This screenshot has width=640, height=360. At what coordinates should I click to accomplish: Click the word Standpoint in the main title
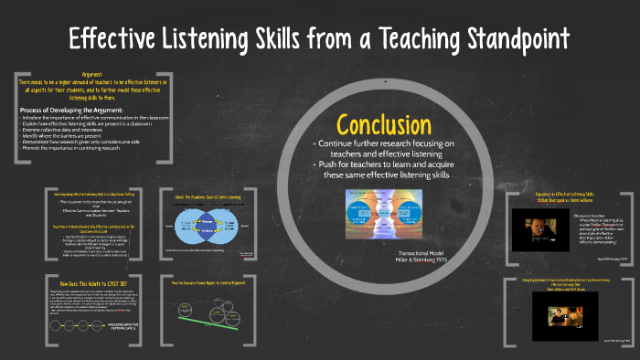coord(496,39)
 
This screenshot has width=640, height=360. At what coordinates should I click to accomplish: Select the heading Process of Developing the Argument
coord(74,111)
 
